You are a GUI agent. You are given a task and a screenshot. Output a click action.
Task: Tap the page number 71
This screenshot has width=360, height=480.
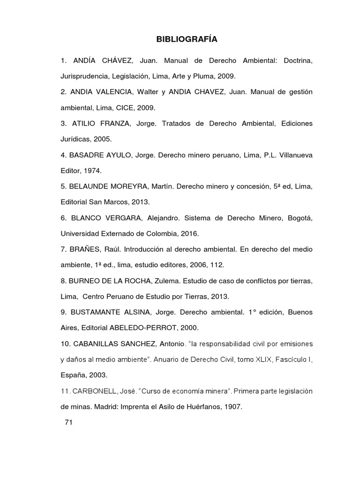(68, 422)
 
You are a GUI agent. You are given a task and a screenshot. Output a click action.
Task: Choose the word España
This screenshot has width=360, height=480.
(74, 375)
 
